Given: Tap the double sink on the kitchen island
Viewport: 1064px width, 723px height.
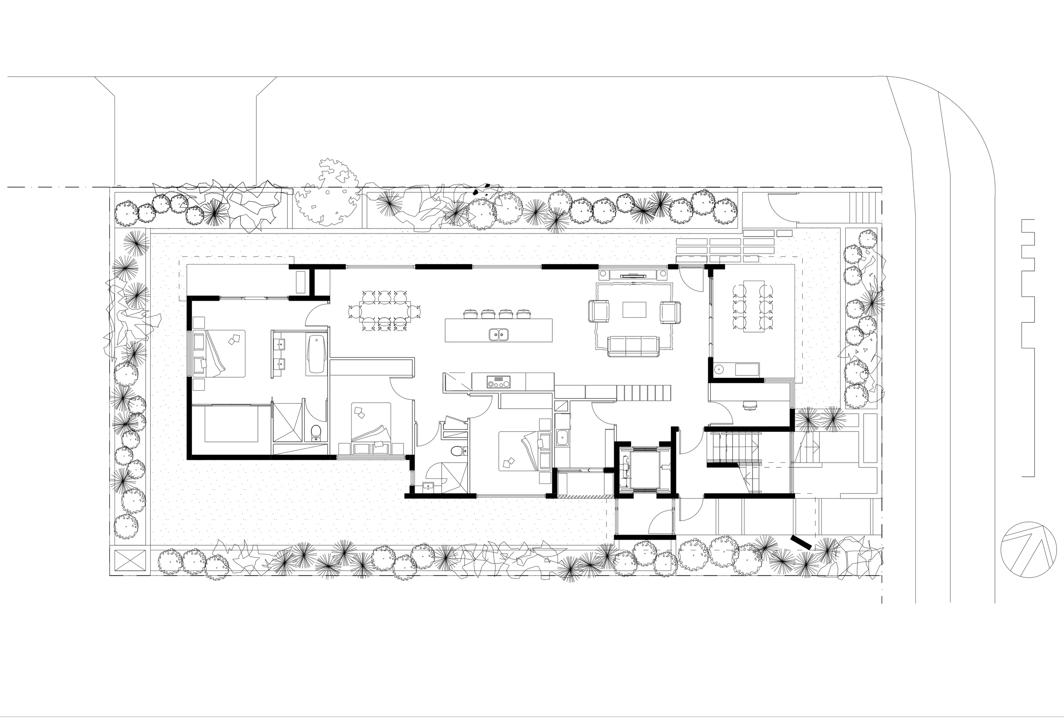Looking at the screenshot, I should click(498, 335).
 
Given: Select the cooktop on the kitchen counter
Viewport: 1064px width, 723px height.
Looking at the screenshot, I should click(498, 381).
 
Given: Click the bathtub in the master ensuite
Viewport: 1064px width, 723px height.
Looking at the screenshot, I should click(316, 354).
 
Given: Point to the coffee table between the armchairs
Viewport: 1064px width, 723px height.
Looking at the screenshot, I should click(634, 310).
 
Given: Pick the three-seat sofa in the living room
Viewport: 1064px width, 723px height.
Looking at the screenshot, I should click(633, 346).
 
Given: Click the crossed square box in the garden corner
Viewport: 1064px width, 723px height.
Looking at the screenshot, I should click(130, 561).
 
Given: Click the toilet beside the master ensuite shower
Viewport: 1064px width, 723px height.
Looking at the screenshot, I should click(316, 432).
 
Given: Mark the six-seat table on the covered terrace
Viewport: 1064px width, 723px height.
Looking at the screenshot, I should click(754, 305).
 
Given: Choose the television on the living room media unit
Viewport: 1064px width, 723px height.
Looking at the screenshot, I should click(634, 276).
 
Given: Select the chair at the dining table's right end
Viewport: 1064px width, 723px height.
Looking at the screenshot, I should click(415, 311).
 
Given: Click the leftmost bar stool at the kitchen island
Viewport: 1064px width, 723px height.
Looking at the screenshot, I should click(471, 314).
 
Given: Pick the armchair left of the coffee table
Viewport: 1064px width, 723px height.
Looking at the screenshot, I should click(599, 311).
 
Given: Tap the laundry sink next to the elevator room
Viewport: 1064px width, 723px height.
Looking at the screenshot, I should click(562, 437).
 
